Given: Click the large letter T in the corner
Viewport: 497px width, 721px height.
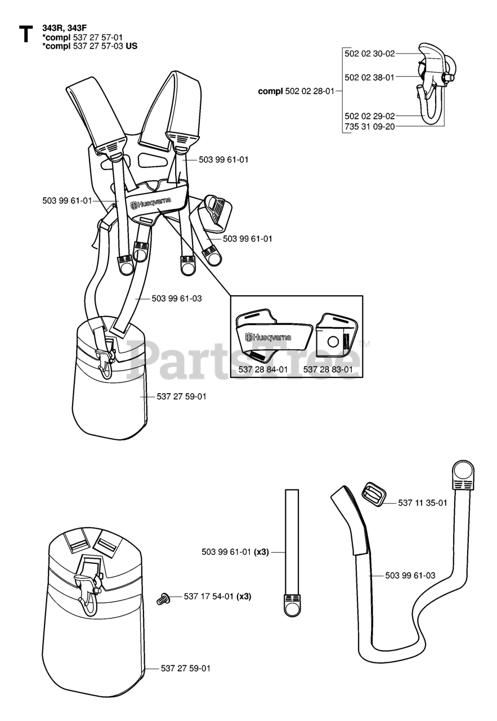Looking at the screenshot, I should tap(25, 34).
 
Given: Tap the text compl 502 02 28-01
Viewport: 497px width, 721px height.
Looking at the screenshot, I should tap(296, 91).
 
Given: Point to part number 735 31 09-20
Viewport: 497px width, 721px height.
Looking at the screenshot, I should tap(369, 127).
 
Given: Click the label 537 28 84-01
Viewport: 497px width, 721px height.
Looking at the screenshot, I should tap(263, 370).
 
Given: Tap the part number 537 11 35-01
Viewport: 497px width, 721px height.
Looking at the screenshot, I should tap(423, 502).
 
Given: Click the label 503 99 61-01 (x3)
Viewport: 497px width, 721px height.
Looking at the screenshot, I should tap(235, 552).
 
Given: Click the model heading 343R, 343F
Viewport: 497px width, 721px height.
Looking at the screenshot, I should tap(64, 26).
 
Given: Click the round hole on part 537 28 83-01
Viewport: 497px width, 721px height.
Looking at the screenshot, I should tap(333, 340).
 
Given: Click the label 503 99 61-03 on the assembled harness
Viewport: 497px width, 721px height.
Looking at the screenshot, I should tap(177, 299).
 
